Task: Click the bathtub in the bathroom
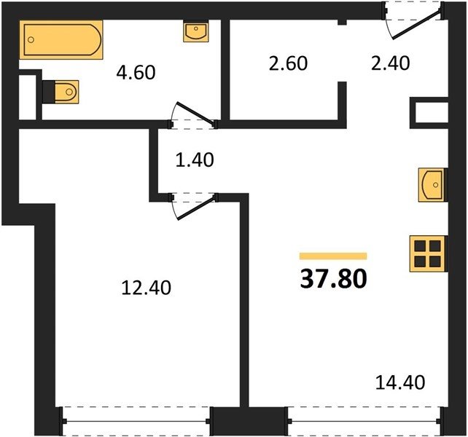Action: [61, 39]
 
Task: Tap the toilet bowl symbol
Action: [67, 92]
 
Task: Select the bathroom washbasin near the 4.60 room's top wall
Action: [196, 31]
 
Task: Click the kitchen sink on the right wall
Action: [431, 185]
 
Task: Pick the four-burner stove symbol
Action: [427, 254]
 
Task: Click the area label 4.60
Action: [136, 73]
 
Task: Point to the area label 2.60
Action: [288, 63]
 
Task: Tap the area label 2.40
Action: [391, 63]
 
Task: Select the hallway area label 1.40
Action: [195, 160]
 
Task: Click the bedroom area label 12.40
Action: [147, 288]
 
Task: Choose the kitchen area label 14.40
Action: [400, 382]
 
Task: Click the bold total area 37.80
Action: [333, 278]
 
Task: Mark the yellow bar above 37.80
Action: [333, 256]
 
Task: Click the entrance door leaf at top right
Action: [416, 25]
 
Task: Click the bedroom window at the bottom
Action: [136, 421]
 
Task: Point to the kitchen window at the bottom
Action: [364, 421]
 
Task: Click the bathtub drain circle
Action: [31, 39]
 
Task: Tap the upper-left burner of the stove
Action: [420, 246]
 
